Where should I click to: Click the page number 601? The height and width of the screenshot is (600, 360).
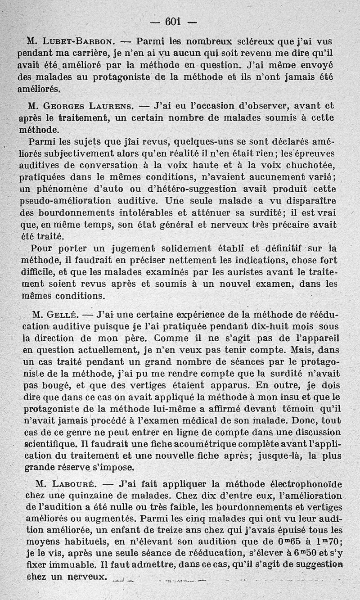point(173,21)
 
